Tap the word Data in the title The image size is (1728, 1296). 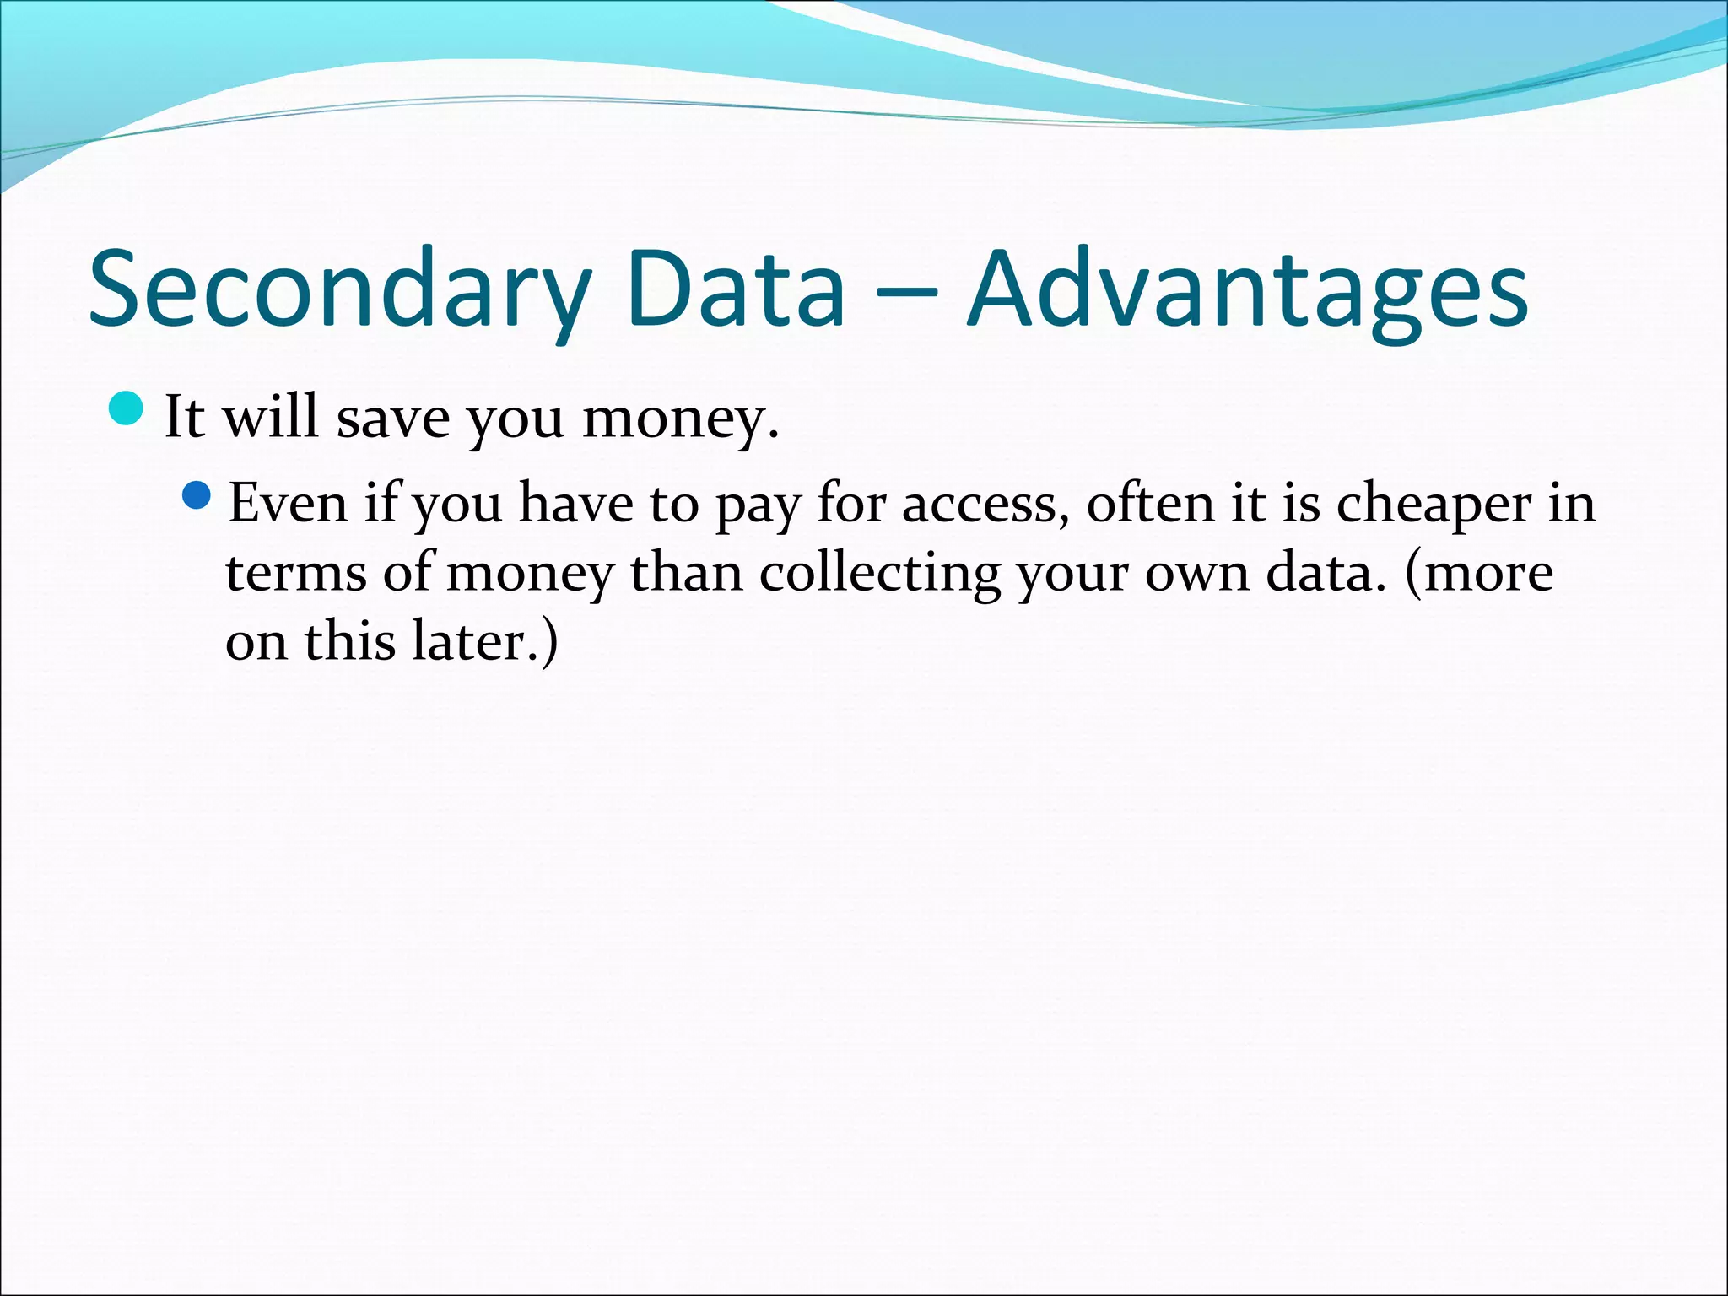coord(735,289)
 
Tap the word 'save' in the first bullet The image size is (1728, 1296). coord(392,418)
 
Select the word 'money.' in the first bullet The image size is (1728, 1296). coord(680,418)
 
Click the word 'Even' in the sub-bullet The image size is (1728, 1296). coord(288,505)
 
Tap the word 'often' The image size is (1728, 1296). coord(1150,505)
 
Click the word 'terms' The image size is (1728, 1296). coord(295,574)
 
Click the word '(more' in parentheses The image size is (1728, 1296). coord(1478,574)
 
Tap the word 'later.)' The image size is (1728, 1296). coord(485,642)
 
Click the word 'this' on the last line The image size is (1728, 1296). coord(349,642)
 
